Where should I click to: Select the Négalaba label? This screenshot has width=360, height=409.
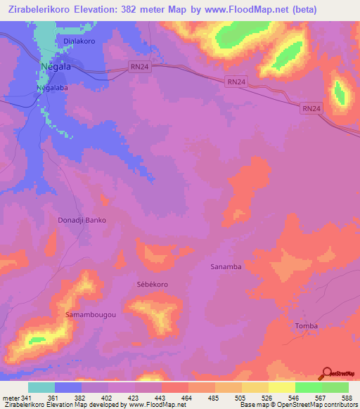pyautogui.click(x=53, y=89)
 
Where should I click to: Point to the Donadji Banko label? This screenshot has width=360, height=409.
pyautogui.click(x=82, y=220)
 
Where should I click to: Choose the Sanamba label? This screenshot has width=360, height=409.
pyautogui.click(x=226, y=267)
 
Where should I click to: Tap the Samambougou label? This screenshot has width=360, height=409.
pyautogui.click(x=91, y=314)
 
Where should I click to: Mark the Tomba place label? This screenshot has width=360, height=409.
pyautogui.click(x=307, y=325)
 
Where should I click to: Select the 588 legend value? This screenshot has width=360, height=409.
pyautogui.click(x=347, y=398)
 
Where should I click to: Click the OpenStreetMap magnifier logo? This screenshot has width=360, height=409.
pyautogui.click(x=326, y=373)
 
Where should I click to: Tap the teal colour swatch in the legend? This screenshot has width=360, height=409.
pyautogui.click(x=41, y=387)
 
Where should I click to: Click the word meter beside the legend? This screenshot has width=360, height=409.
pyautogui.click(x=10, y=398)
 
